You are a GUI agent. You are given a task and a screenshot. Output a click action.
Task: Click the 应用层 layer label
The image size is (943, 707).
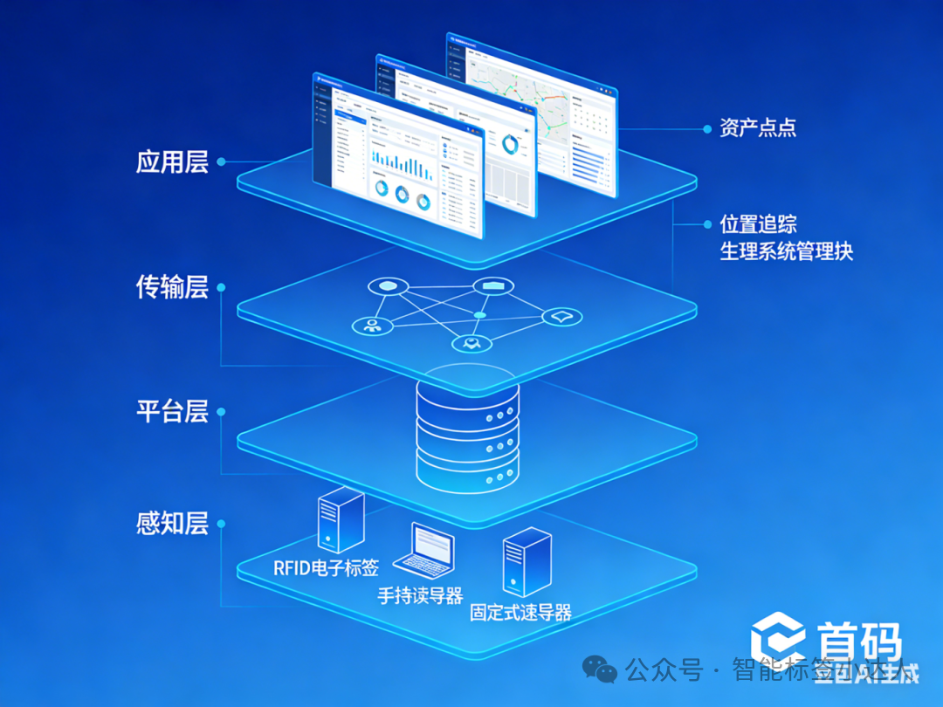172,162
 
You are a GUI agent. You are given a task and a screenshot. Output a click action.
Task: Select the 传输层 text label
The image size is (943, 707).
172,287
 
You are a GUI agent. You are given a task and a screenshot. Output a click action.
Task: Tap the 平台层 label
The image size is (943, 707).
172,411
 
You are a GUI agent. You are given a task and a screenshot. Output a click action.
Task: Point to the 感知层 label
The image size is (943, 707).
172,524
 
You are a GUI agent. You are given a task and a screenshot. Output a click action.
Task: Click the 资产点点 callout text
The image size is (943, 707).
758,128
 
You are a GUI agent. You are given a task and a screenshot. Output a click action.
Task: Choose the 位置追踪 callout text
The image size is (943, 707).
758,224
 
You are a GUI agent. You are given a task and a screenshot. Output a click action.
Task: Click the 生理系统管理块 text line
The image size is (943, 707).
786,252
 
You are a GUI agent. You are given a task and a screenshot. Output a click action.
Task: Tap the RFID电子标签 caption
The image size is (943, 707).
326,568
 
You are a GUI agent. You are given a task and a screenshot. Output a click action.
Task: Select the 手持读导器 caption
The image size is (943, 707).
420,596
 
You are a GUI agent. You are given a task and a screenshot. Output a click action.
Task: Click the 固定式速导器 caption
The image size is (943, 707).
520,613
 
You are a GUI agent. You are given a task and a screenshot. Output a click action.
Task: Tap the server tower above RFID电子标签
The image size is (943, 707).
340,520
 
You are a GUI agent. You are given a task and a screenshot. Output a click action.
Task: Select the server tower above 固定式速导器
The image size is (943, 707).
527,560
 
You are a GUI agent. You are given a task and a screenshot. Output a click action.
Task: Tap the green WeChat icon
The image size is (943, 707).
600,669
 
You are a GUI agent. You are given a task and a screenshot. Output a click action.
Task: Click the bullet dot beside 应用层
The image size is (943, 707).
221,161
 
